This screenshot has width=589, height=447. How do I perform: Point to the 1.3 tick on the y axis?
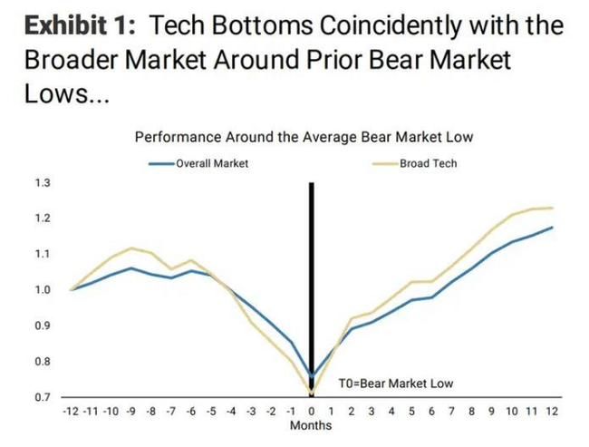(43, 183)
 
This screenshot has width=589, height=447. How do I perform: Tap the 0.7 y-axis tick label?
(43, 397)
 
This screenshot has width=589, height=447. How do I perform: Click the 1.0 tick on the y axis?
(43, 290)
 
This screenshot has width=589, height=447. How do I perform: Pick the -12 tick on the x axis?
(72, 411)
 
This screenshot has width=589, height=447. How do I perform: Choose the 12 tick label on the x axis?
(551, 411)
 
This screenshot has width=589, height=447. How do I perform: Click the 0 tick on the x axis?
(312, 411)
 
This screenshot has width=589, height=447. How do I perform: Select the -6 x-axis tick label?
(191, 411)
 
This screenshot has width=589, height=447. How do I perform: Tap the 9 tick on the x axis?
(491, 411)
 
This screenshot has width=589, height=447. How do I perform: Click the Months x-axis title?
(311, 425)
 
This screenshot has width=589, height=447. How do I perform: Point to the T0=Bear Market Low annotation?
(395, 384)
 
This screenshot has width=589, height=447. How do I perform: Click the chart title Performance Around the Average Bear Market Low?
(304, 137)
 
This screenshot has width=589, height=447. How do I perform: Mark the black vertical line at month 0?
(312, 272)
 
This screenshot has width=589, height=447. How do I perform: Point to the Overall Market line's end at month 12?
(552, 227)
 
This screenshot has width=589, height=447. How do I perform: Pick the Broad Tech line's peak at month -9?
(131, 248)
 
